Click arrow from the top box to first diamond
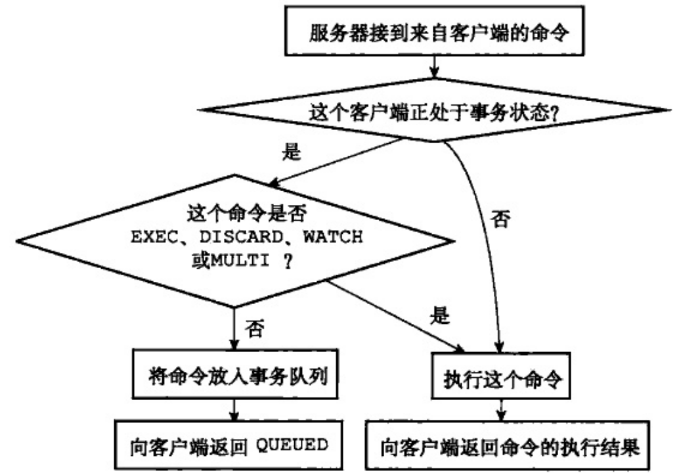433,66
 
